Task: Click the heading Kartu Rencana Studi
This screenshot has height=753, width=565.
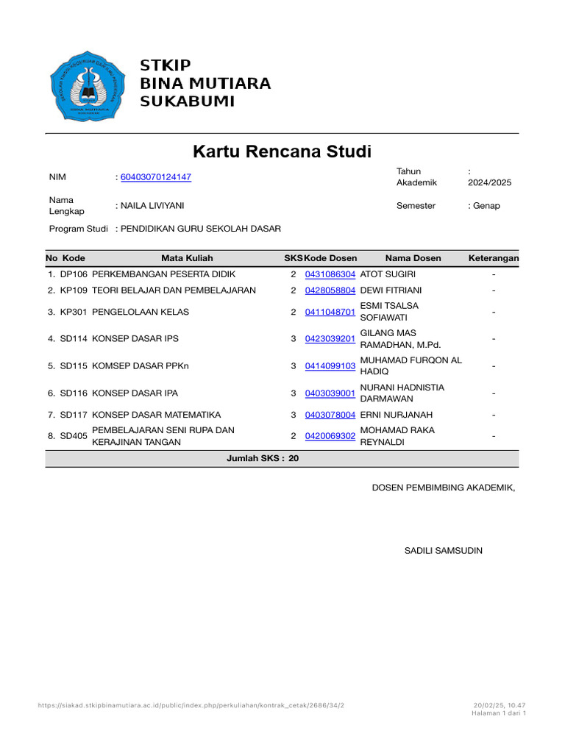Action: click(282, 152)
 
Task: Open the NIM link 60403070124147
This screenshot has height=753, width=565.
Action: click(155, 177)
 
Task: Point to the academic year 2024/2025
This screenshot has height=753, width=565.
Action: click(489, 183)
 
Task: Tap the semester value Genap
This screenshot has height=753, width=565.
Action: click(486, 206)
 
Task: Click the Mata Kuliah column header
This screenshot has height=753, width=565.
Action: click(187, 258)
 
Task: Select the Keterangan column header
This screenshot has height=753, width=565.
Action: click(493, 258)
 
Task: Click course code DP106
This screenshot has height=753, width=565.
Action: click(74, 274)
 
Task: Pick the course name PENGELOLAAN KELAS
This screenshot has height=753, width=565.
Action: click(141, 312)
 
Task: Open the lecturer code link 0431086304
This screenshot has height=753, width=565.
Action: click(330, 274)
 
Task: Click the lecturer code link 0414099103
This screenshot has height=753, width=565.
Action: click(330, 366)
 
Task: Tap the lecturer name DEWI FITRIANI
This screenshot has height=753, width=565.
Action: click(391, 290)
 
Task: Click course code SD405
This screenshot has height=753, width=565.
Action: click(74, 436)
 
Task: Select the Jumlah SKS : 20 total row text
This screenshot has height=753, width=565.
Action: click(263, 458)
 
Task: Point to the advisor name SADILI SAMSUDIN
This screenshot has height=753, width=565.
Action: click(444, 551)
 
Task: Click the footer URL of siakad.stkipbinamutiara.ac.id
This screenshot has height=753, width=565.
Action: click(191, 706)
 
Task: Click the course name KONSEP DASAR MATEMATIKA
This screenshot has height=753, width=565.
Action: click(156, 415)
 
